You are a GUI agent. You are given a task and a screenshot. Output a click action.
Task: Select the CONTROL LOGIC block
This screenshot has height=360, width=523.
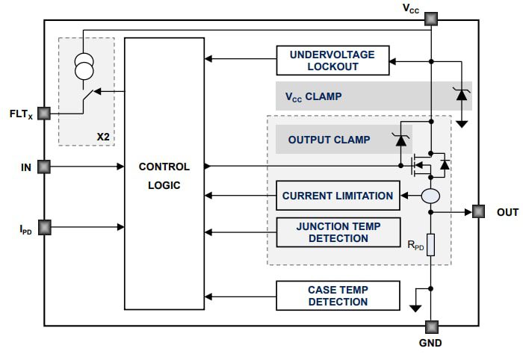click(164, 173)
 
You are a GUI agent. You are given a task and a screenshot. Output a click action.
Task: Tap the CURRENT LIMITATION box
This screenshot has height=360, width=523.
click(338, 196)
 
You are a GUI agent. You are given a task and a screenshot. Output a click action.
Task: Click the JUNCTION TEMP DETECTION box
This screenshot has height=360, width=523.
click(338, 232)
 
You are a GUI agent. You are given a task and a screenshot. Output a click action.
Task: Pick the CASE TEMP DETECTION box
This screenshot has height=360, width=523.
click(338, 296)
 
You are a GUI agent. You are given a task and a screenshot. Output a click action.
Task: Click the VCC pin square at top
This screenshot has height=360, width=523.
click(431, 19)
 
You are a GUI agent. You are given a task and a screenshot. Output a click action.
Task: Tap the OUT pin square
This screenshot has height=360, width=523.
click(478, 212)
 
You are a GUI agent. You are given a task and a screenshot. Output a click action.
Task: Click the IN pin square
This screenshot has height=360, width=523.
click(44, 167)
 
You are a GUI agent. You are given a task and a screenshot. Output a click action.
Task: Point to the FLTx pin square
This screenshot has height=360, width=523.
click(44, 114)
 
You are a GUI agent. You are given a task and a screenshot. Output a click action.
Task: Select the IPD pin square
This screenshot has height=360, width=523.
click(44, 225)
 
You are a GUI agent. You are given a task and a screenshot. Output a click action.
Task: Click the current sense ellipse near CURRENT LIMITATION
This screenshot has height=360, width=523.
click(431, 196)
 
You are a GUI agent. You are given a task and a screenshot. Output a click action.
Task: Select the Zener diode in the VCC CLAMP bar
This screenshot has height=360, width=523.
click(460, 96)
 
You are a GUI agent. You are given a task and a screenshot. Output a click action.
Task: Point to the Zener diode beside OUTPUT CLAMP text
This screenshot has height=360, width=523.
click(400, 139)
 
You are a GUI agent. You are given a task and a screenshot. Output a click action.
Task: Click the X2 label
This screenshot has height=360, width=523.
click(103, 137)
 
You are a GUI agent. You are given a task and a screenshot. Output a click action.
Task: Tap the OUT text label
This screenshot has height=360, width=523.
click(507, 213)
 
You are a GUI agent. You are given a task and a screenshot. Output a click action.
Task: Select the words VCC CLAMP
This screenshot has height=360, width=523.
click(313, 96)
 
